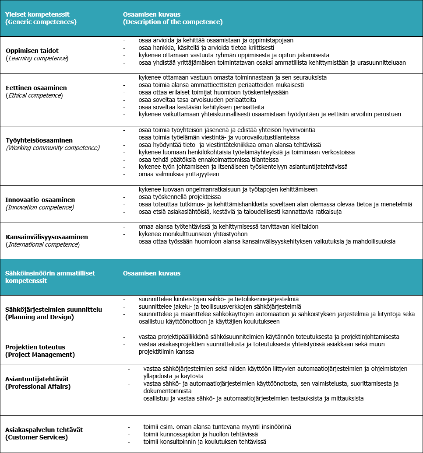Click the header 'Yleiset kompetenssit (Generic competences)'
[41, 18]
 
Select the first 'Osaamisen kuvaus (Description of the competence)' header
[173, 18]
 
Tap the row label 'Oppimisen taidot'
[32, 51]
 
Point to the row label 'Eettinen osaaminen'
[36, 88]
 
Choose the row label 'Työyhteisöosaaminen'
[39, 140]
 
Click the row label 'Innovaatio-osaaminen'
[40, 200]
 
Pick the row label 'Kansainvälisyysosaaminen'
[46, 237]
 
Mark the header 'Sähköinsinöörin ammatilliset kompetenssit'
[50, 277]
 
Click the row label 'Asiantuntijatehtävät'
[37, 379]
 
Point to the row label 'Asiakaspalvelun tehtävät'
[44, 430]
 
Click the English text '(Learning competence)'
[37, 58]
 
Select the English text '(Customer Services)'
[36, 437]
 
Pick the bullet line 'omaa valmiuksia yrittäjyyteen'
[179, 174]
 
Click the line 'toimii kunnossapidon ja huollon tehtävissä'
[201, 434]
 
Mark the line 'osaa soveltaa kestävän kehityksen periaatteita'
[201, 107]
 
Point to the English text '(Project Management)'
[39, 355]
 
